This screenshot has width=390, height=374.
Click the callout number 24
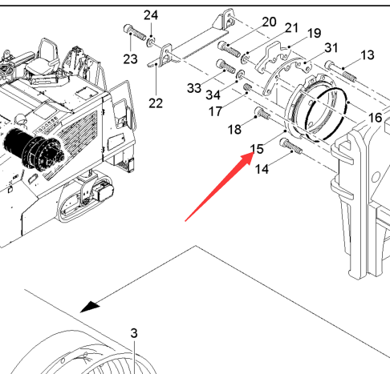pos(151,15)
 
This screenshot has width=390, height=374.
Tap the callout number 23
pos(130,59)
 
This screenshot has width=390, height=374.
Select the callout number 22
pos(156,103)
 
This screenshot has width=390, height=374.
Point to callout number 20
pos(269,22)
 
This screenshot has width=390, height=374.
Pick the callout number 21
pos(291,28)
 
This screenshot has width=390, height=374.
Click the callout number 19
pos(314,34)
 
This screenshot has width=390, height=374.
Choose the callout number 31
pos(331,48)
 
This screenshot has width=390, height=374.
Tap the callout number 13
pos(368,55)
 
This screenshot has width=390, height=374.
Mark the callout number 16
pos(375,118)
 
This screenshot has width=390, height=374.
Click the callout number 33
pos(194,88)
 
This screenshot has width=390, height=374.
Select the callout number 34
pos(213,95)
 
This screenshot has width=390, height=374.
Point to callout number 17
pos(215,111)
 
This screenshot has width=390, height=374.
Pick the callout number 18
pos(234,130)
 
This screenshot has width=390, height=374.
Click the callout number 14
pos(262,169)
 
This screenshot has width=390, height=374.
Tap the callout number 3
pos(134,333)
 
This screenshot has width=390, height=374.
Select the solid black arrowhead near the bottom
pos(90,307)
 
